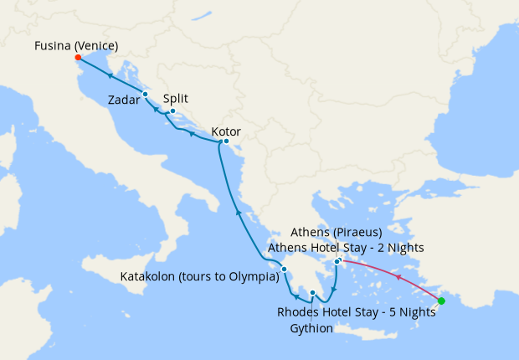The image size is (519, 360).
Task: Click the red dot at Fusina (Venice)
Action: pos(77,58)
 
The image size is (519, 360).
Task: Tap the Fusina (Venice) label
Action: pos(76,45)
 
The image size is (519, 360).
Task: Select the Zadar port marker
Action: pos(145,94)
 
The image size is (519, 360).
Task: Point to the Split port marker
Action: pos(172,111)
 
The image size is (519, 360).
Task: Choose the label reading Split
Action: pos(175,98)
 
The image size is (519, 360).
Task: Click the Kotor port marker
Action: pos(226,141)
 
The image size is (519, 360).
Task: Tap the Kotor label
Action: pos(226,131)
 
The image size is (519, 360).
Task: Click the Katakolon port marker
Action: pos(285,269)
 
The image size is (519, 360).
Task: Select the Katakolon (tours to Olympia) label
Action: pos(199,276)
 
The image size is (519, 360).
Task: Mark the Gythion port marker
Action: pos(312,293)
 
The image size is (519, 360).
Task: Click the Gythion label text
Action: pos(311,328)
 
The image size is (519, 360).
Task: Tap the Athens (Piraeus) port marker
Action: pos(337,262)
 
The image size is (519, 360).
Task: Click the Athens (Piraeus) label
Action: pos(336,231)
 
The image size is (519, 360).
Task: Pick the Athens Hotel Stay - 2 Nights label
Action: pos(346,247)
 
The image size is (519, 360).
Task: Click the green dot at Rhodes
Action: pos(441,301)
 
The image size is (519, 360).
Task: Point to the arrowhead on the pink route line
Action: pos(398,277)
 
